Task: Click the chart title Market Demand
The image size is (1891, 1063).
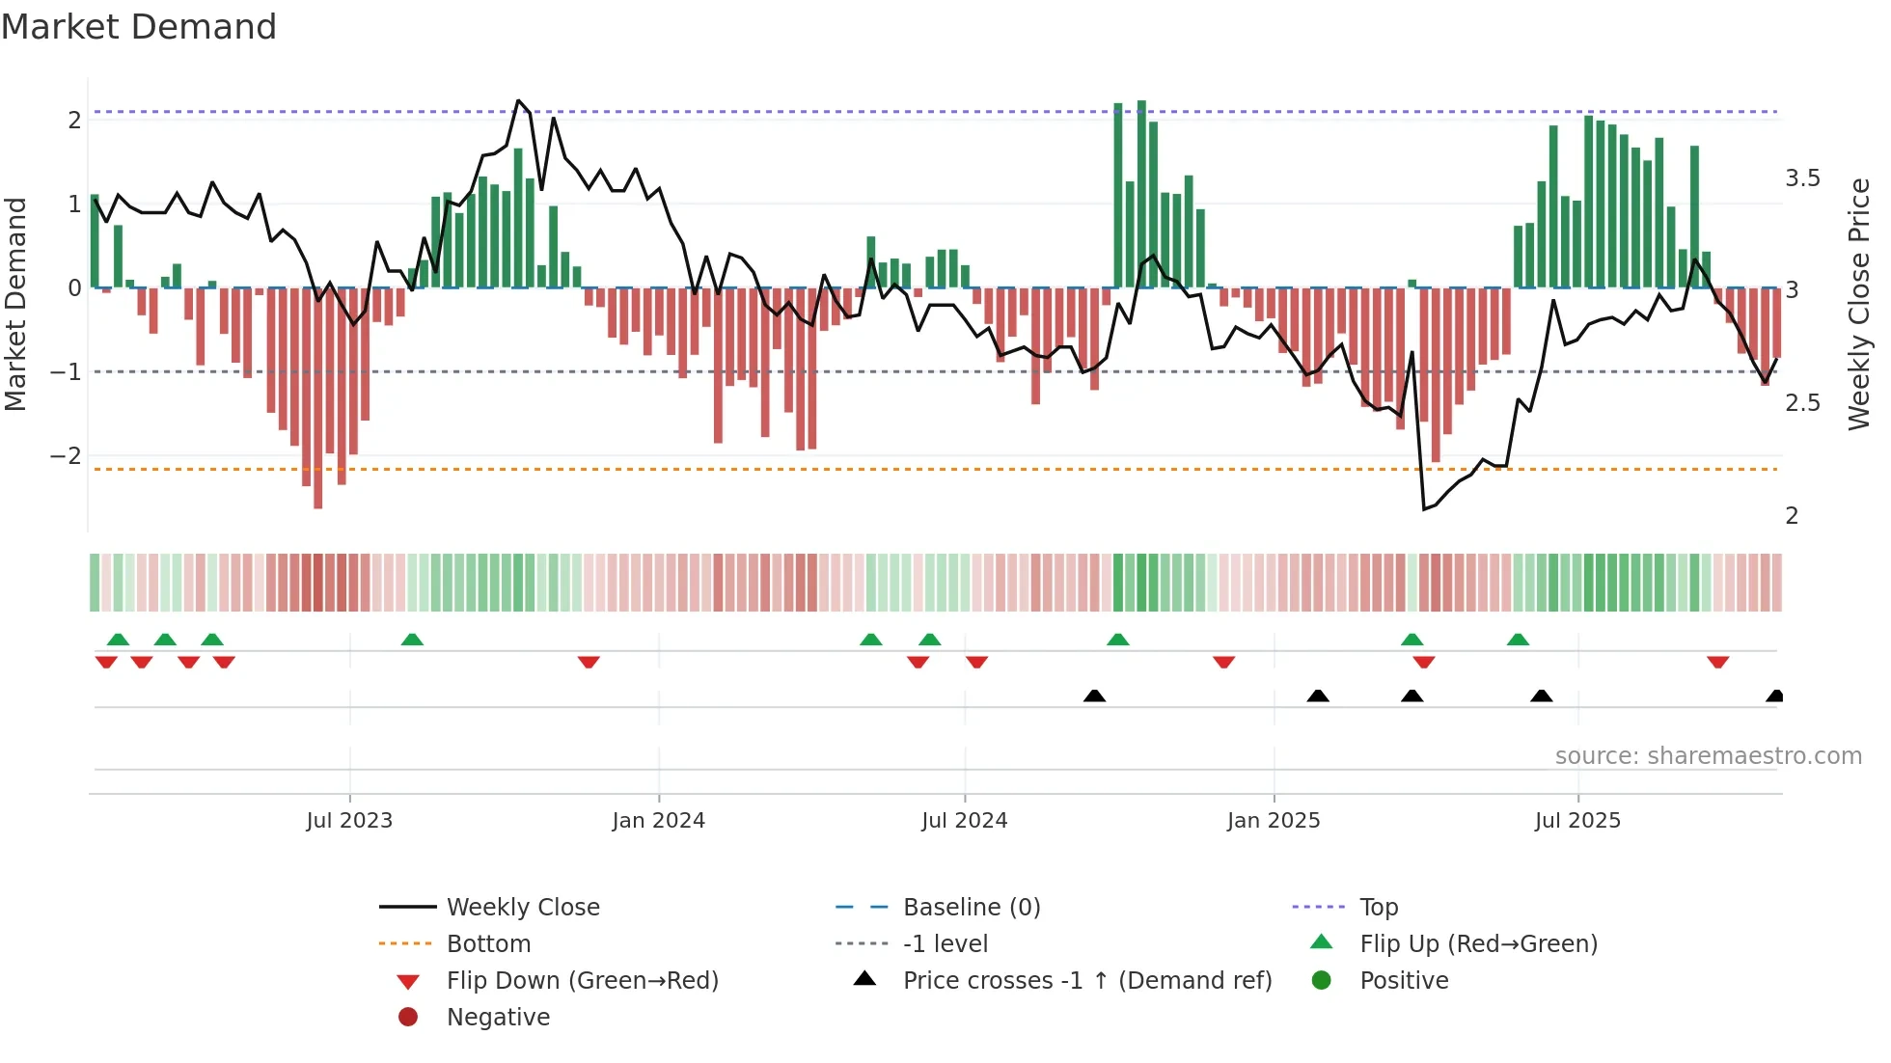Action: (139, 27)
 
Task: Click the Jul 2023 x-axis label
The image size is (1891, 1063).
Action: (349, 821)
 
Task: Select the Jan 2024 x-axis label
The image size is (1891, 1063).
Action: (658, 821)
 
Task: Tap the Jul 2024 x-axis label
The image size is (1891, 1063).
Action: (964, 821)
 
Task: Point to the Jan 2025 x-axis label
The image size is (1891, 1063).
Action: (1274, 821)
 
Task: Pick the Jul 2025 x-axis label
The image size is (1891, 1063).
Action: (1577, 821)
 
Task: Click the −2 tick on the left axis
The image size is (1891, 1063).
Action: (66, 455)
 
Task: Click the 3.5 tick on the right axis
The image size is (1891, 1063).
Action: (1802, 178)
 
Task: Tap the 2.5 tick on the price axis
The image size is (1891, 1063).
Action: (1802, 403)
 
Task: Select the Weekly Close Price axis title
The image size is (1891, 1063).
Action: (1858, 304)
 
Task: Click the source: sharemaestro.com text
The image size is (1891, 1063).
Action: (1708, 756)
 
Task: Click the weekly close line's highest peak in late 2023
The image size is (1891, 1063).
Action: (518, 100)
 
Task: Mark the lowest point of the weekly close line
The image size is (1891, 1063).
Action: (1424, 509)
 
